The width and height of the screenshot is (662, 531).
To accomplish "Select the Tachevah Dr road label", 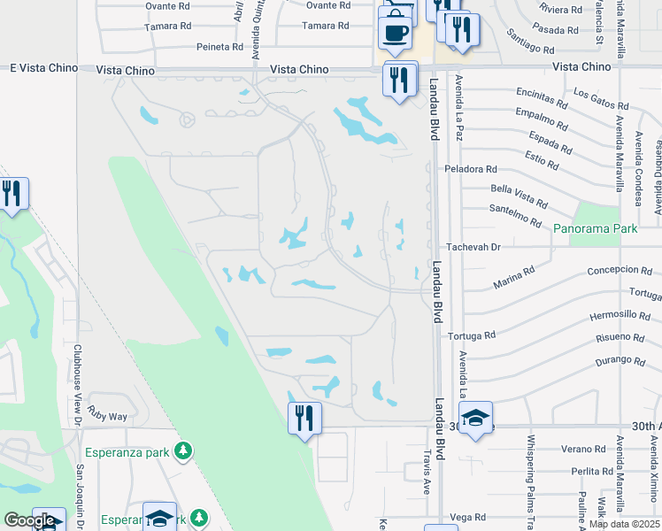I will pos(473,247).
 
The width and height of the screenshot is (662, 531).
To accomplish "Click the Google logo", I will pos(29,521).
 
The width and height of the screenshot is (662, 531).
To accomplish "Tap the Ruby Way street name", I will pos(107,416).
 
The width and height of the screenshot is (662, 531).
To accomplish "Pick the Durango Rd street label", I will pos(619,361).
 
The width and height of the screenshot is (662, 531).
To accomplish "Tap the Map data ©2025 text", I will pos(623,524).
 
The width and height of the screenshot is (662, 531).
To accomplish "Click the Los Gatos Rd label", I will pos(601,98).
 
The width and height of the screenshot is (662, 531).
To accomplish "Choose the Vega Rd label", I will pos(468,517).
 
